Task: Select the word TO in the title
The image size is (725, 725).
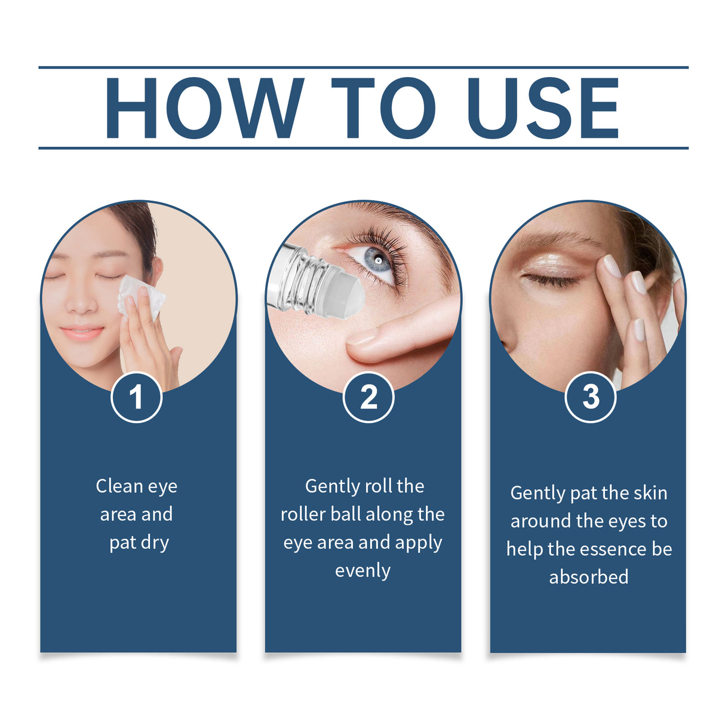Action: click(x=383, y=108)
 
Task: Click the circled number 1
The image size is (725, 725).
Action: click(x=136, y=397)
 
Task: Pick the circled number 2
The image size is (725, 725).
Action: click(x=368, y=397)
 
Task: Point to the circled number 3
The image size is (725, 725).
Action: click(x=590, y=397)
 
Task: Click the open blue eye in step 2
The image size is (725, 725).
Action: click(x=377, y=262)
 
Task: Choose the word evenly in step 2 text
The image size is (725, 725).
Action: click(x=362, y=571)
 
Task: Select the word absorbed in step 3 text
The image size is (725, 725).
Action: click(x=588, y=577)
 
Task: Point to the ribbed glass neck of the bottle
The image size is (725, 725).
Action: click(x=302, y=281)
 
